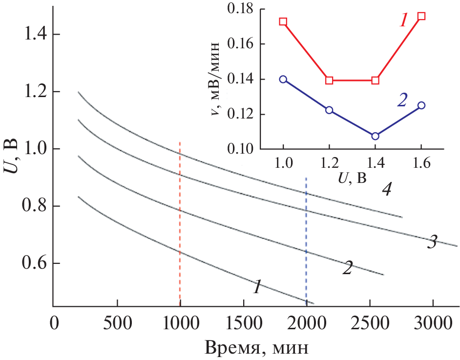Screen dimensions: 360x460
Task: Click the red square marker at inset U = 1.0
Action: click(283, 21)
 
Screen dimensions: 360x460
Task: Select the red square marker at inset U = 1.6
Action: click(421, 16)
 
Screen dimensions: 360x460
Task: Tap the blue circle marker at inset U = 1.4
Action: click(375, 136)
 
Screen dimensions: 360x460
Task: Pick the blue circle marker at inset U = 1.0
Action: click(283, 79)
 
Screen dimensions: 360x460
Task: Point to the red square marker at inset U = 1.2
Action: click(329, 80)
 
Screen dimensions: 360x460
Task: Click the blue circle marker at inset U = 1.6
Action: click(421, 105)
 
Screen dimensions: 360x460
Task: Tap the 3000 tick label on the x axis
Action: click(433, 323)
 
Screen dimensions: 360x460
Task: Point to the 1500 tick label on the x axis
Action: click(243, 323)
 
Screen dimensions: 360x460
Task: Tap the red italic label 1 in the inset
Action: click(403, 20)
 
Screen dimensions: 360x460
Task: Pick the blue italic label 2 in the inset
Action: click(402, 100)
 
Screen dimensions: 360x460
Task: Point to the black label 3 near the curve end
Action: click(432, 242)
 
